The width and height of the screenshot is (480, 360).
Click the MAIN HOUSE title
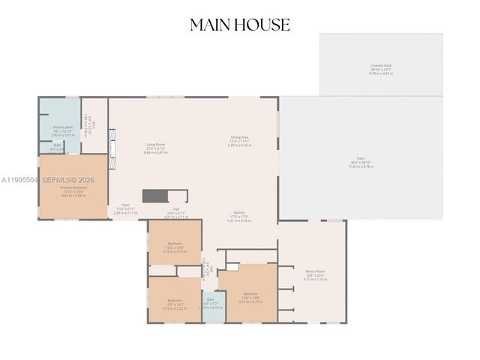tap(240, 25)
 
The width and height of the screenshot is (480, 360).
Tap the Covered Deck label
tap(381, 69)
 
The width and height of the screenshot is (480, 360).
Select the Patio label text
tap(360, 164)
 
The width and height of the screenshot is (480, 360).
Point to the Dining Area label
tap(240, 139)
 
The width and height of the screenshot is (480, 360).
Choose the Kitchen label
tap(239, 215)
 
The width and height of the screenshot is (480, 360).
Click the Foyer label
tap(124, 208)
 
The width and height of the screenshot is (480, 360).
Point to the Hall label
tap(176, 212)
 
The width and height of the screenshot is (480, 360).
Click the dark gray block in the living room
tap(154, 196)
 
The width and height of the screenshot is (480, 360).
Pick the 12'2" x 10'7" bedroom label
tap(175, 303)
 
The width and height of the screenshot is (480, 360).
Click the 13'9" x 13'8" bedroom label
tap(250, 296)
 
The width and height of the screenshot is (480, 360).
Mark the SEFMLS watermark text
tap(45, 180)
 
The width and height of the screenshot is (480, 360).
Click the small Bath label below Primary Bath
tap(58, 147)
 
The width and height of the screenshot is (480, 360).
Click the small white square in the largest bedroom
tap(232, 266)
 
